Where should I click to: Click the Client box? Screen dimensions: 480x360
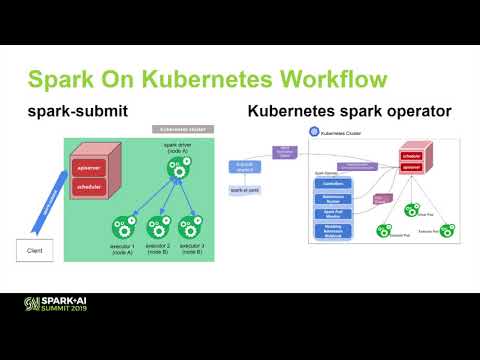pyautogui.click(x=35, y=249)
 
